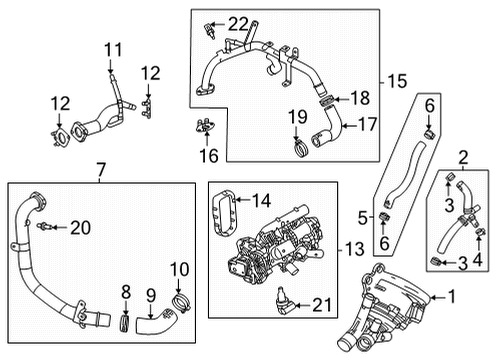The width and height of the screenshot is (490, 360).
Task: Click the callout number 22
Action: [237, 23]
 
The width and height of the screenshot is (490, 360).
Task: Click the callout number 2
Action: [462, 155]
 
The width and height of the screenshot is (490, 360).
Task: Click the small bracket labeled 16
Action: [209, 127]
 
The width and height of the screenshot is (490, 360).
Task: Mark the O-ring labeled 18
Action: [325, 100]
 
